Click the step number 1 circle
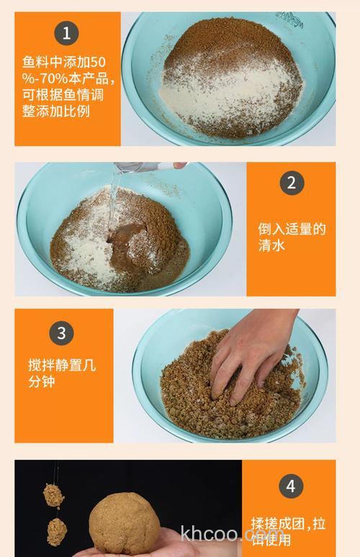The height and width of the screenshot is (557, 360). [66, 33]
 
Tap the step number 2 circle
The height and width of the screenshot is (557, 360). [291, 183]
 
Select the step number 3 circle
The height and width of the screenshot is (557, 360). [61, 333]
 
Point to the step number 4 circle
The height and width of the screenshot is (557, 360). [291, 486]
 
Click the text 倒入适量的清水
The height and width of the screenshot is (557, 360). [292, 237]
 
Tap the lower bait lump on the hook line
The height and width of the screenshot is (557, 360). [57, 530]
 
